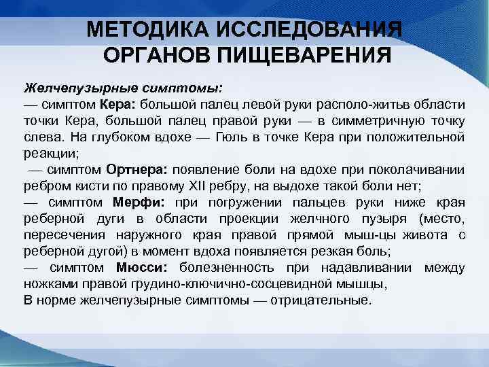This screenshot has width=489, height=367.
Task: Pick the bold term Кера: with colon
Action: [118, 105]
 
